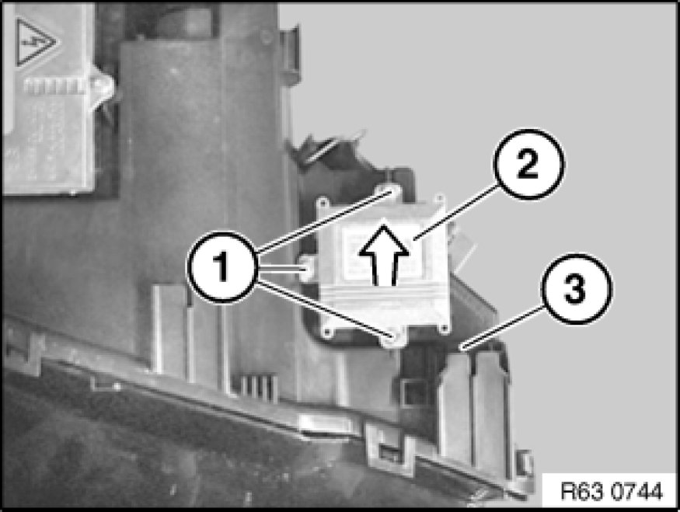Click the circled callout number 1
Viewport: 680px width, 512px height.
click(x=223, y=267)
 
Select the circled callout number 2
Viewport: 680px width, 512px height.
click(x=528, y=164)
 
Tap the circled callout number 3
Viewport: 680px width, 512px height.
click(x=577, y=289)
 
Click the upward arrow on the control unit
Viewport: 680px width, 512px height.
click(x=384, y=255)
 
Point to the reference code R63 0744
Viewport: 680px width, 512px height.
click(x=612, y=491)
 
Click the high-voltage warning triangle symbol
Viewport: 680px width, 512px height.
click(x=34, y=42)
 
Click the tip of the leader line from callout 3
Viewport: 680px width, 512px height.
click(x=462, y=347)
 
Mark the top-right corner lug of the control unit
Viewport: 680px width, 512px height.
click(x=440, y=200)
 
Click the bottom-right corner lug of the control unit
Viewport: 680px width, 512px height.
click(x=443, y=329)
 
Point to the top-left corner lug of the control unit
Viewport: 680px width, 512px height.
click(x=323, y=202)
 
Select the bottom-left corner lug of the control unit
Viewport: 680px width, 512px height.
click(x=327, y=332)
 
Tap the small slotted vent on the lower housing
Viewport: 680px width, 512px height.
click(x=255, y=386)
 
